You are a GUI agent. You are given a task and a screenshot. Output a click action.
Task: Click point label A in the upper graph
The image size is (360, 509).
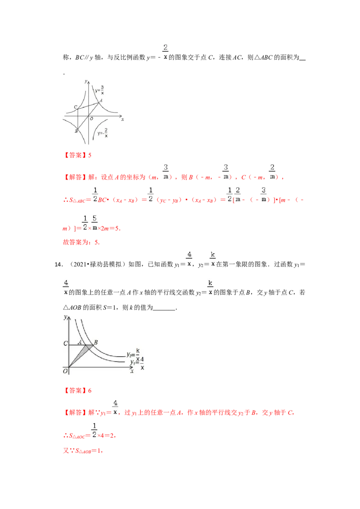[x=101, y=100]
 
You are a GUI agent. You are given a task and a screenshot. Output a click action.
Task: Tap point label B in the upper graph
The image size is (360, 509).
[x=76, y=131]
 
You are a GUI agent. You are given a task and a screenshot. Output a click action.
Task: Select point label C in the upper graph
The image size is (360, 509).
[x=75, y=107]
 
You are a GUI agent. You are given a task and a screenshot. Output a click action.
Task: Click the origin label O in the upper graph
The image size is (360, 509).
[x=91, y=119]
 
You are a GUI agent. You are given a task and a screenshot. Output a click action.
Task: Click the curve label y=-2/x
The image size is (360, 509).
[x=103, y=133]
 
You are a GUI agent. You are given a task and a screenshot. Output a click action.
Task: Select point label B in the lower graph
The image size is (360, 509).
[x=96, y=342]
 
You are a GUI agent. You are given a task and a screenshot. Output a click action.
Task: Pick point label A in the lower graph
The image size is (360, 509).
[x=80, y=342]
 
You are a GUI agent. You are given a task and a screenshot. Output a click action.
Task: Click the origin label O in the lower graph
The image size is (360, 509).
[x=65, y=371]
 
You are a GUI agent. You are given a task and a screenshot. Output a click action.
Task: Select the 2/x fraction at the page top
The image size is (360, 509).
[x=166, y=52]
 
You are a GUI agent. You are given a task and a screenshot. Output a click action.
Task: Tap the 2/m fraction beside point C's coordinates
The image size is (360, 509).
[x=271, y=172]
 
